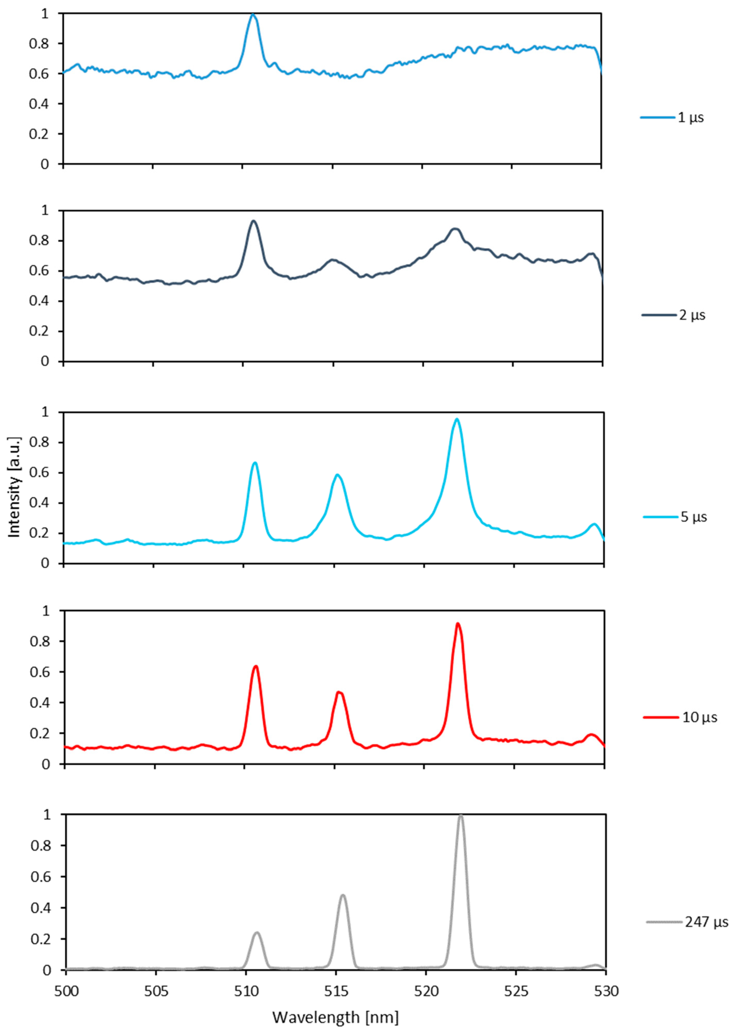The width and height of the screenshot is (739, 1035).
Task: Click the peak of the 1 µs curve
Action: coord(253,15)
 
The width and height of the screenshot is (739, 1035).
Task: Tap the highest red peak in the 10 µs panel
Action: coord(458,624)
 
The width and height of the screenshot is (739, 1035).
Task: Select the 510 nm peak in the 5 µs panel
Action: coord(255,463)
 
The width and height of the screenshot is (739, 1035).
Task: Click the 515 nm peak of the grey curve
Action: coord(343,895)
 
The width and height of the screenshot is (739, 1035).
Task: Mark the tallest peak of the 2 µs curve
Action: coord(253,221)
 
